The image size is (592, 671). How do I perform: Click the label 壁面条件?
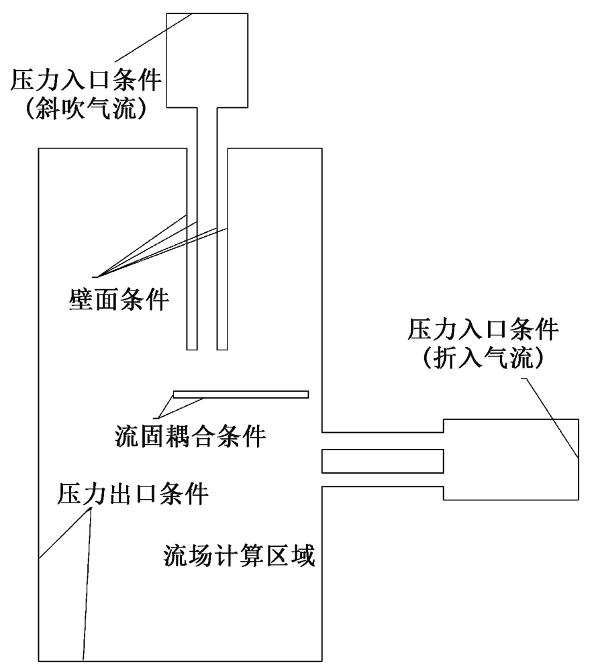(x=119, y=299)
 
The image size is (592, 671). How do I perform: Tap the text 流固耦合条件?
(x=191, y=437)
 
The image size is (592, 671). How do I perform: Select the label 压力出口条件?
(x=132, y=494)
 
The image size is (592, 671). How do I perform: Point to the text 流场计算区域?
(x=240, y=556)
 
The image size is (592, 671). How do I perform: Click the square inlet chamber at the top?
(x=207, y=60)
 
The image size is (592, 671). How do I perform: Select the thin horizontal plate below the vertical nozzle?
(x=240, y=394)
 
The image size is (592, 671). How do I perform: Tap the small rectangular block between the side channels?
(x=383, y=461)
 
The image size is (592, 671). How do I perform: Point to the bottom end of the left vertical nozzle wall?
(x=193, y=348)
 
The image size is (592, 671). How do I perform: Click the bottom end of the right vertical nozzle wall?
(x=222, y=348)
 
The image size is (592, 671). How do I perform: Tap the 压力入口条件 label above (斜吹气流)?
(x=85, y=81)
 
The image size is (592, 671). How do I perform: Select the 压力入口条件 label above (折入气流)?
(x=484, y=331)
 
